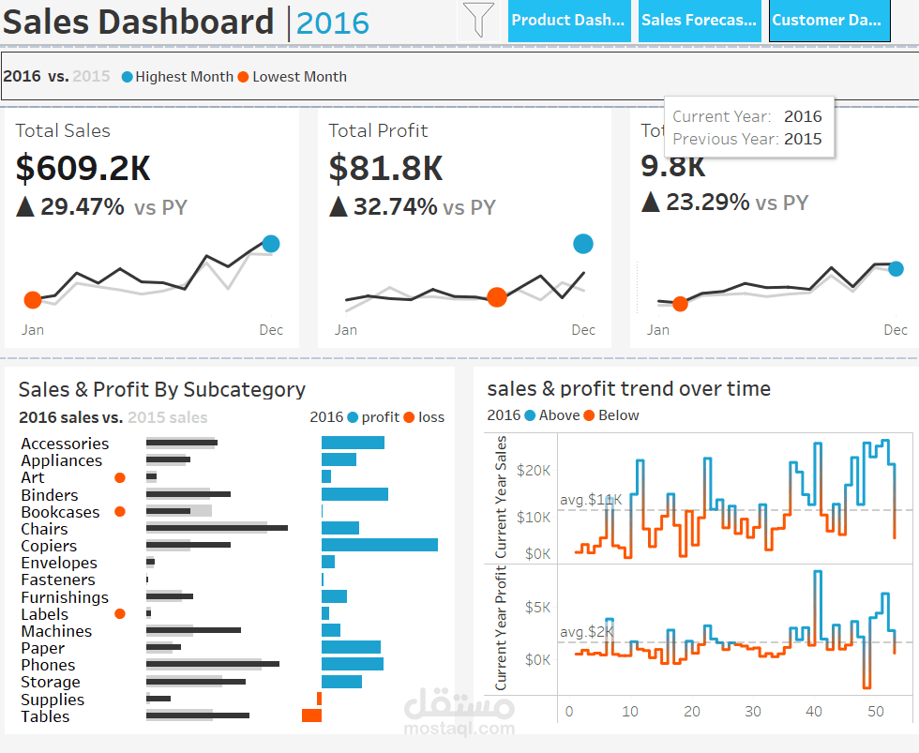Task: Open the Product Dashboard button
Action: click(568, 21)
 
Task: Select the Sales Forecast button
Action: click(699, 21)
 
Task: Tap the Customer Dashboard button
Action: click(829, 21)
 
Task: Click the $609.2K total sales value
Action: click(83, 168)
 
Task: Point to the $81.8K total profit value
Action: click(385, 168)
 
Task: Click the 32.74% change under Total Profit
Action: click(395, 207)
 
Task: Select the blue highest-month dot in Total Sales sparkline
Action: click(271, 244)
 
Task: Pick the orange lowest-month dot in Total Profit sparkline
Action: click(497, 297)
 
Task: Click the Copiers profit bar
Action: click(379, 545)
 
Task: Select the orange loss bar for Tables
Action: click(311, 715)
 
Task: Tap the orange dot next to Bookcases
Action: click(119, 512)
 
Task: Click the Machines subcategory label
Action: click(56, 631)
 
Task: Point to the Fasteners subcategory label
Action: click(57, 580)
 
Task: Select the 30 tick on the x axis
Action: click(753, 711)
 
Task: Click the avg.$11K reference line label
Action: click(590, 500)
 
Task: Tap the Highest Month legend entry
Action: click(183, 77)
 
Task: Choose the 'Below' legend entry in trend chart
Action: click(617, 415)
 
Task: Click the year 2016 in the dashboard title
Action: click(333, 23)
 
